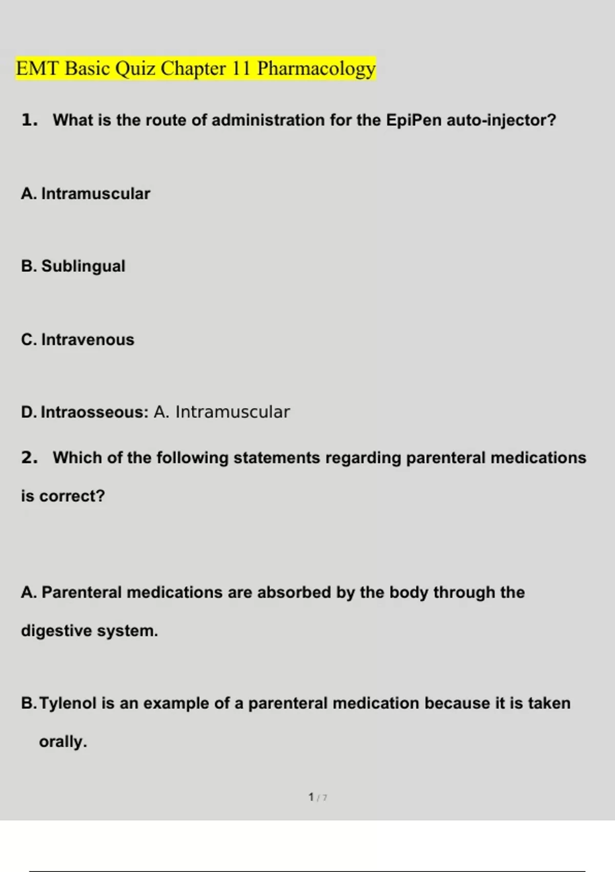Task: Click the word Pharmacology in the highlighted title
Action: (316, 69)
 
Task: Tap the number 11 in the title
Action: (241, 69)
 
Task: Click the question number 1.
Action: (29, 120)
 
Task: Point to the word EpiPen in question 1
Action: (414, 120)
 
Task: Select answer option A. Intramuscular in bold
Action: (86, 194)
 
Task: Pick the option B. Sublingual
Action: (73, 266)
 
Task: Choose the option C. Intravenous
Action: (78, 340)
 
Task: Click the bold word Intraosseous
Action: (94, 412)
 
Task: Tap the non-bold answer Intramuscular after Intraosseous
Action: (233, 412)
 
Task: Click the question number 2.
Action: (29, 458)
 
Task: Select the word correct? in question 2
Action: (72, 496)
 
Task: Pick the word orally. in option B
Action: (63, 742)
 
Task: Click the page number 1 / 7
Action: (318, 797)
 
